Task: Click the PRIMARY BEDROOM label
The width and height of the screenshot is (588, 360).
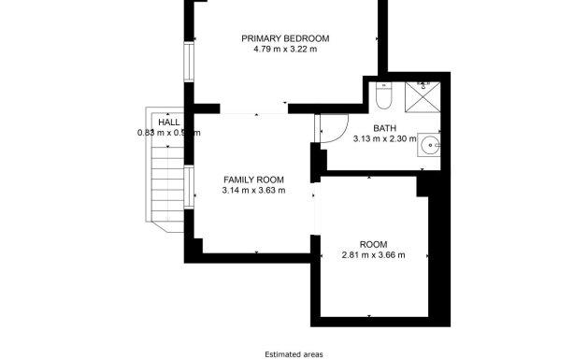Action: pos(285,38)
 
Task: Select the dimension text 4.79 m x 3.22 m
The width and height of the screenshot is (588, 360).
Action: pos(285,50)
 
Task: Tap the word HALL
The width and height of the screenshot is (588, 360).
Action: pos(169,122)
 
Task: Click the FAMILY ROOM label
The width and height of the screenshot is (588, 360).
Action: pos(253,180)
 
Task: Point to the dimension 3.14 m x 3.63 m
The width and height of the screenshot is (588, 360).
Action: pos(253,191)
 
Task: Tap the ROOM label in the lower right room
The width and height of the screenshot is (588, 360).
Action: pos(373,244)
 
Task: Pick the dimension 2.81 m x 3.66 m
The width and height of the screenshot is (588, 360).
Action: pos(373,255)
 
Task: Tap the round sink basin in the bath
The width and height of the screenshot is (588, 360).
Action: pos(429,145)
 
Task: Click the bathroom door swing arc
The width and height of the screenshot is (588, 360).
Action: pos(333,129)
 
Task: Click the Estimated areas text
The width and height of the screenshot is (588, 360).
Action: pos(293,354)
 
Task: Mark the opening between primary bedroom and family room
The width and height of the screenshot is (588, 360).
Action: pos(252,113)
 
